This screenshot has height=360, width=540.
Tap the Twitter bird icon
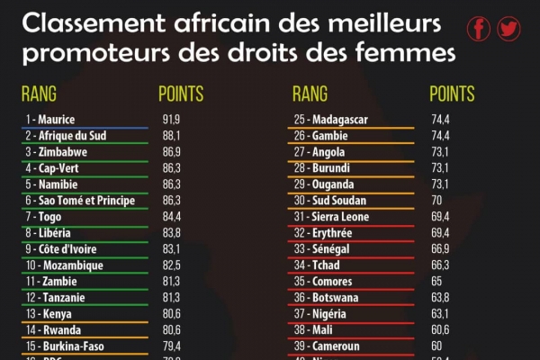tap(509, 29)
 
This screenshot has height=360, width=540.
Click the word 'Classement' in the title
tap(85, 21)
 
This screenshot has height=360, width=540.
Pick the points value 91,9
tap(171, 119)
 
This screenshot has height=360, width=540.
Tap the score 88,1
tap(171, 135)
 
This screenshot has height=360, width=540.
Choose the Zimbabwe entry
tap(56, 151)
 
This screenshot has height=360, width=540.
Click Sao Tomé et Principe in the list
tap(80, 200)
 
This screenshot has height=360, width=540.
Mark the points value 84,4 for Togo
tap(171, 216)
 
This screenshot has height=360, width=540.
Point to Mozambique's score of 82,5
tap(171, 265)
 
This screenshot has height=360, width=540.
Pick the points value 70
tap(437, 200)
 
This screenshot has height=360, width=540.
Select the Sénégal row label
tap(329, 248)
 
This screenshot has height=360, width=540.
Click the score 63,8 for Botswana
tap(441, 297)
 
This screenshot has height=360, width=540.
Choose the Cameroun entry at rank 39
tap(335, 346)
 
